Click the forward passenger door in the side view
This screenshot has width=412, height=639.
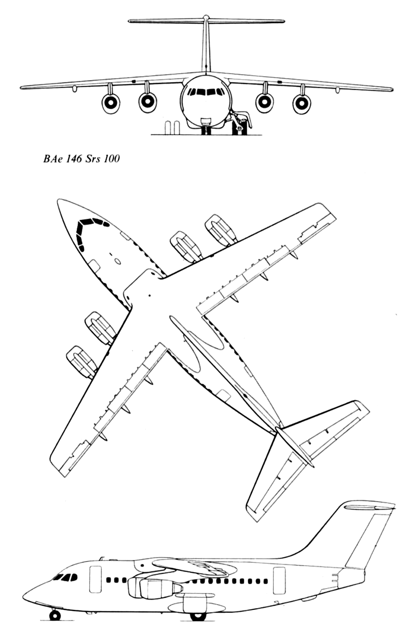(95, 575)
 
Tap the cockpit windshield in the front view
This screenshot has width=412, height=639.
(206, 92)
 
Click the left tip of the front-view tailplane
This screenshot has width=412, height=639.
(129, 21)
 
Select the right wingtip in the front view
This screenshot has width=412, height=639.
(392, 90)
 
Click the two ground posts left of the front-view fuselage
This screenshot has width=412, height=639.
(172, 128)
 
